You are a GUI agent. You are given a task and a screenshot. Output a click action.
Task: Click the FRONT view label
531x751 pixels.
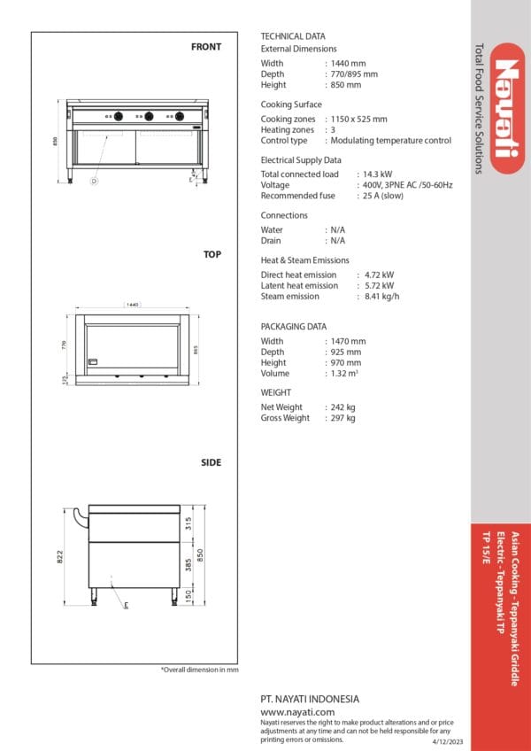[206, 47]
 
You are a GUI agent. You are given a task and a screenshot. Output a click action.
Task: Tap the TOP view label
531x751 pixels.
[212, 254]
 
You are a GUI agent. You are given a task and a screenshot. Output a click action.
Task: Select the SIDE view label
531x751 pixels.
[211, 462]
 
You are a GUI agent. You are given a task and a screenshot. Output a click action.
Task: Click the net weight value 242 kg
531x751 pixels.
[342, 407]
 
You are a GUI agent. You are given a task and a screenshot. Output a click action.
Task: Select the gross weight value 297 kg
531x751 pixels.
[342, 418]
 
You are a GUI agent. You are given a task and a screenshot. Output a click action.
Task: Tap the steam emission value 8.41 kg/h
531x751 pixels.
[382, 297]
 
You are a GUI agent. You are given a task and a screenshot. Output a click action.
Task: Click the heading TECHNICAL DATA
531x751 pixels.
[293, 35]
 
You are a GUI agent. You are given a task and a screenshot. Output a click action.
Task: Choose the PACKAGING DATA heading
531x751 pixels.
[294, 327]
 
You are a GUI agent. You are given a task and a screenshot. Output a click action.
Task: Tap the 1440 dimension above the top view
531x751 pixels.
[133, 305]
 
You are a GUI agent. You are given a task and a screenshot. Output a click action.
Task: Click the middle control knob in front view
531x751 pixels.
[148, 116]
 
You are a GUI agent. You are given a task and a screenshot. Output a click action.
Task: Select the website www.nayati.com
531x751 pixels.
[298, 711]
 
